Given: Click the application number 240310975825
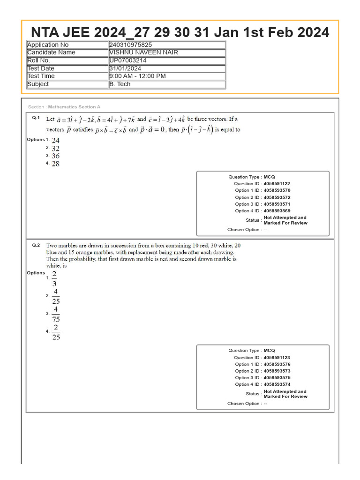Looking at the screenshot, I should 130,45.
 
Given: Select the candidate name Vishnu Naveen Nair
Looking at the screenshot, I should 143,52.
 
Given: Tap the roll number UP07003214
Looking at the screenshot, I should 127,60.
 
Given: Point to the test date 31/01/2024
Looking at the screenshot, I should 125,68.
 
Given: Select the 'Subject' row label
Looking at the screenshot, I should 38,84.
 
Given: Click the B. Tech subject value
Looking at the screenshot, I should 120,84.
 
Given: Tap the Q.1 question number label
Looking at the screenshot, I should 36,118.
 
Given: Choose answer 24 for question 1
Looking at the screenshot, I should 56,140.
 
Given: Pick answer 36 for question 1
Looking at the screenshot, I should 56,156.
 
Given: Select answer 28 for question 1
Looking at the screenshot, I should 56,164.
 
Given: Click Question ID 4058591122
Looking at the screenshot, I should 277,184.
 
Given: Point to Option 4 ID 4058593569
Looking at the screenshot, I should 277,211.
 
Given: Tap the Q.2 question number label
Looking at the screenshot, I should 36,245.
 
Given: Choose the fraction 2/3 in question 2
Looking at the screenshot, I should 55,278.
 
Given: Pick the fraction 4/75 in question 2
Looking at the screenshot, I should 56,314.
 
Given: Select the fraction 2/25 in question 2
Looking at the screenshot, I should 56,332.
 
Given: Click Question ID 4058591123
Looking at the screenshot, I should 277,358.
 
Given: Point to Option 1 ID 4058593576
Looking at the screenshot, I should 277,364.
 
